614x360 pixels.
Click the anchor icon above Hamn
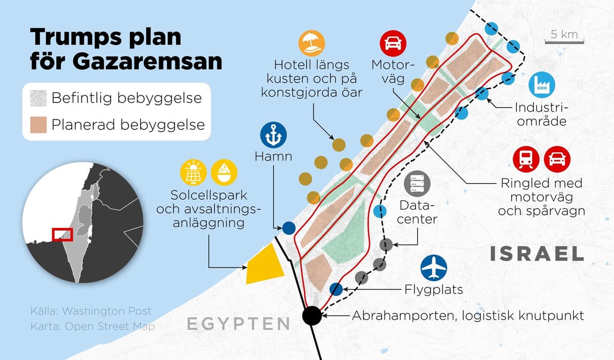pos(274,135)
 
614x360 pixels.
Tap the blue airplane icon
pos(434,268)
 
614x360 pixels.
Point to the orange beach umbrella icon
pos(313,42)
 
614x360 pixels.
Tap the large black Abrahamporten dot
pos(312,315)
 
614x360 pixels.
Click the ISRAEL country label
pos(537,254)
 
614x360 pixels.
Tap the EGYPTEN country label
pos(238,324)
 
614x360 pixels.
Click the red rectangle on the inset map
pos(62,235)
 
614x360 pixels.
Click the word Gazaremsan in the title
pos(126,61)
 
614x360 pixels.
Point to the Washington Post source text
pos(106,311)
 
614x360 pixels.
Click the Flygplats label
pos(434,289)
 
